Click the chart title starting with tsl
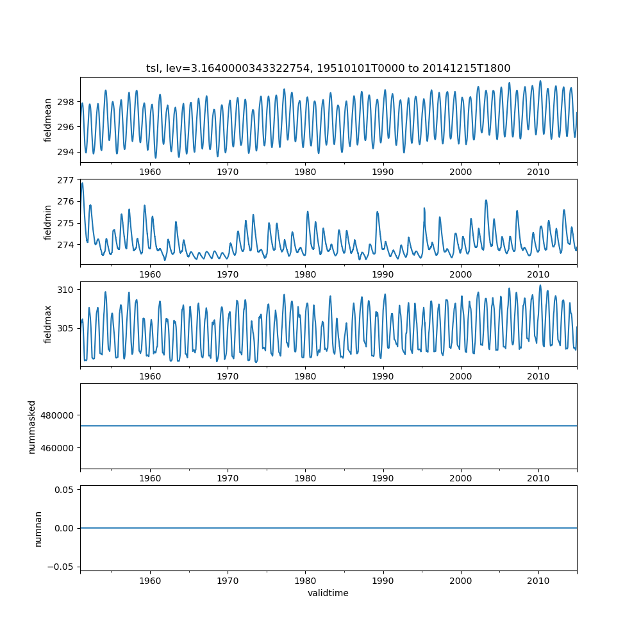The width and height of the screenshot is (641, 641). (328, 68)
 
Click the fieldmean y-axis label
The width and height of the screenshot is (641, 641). (48, 120)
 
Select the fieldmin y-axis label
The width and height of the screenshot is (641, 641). (48, 222)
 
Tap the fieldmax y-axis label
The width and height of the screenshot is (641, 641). (48, 324)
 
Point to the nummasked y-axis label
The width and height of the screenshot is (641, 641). (32, 427)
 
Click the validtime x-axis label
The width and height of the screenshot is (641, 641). (328, 594)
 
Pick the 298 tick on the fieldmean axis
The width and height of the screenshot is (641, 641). (65, 102)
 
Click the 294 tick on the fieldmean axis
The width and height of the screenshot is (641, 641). (65, 152)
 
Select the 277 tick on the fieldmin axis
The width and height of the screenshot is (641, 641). (65, 180)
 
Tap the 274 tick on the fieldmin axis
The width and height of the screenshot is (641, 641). (65, 245)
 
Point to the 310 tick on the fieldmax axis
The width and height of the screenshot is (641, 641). (65, 290)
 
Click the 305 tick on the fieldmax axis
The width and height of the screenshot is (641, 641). (65, 328)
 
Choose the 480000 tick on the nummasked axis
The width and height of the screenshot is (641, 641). (59, 415)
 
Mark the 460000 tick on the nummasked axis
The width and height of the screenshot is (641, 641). (59, 447)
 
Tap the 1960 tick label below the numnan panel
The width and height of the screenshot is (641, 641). (150, 580)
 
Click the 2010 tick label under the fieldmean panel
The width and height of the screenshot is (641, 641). (538, 172)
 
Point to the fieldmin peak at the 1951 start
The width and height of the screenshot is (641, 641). (82, 184)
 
